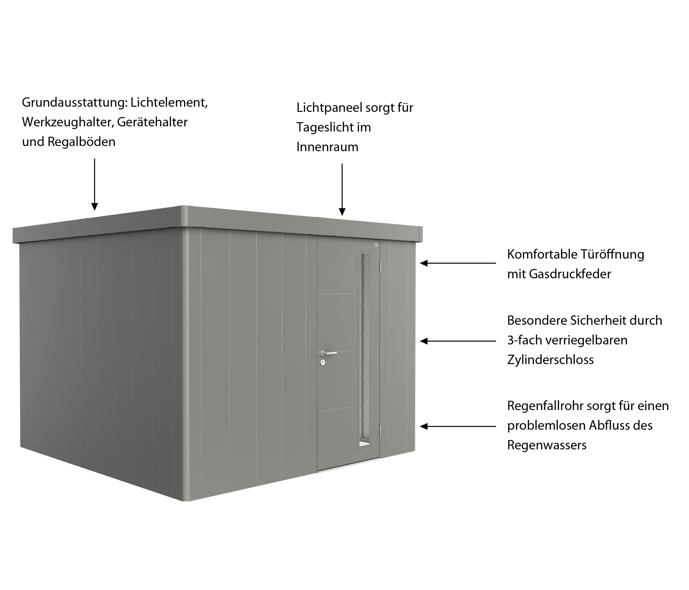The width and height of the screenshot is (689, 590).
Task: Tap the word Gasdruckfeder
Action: [x=570, y=274]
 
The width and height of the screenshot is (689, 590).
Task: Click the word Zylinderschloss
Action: [x=550, y=360]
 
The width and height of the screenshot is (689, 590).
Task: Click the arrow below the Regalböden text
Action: [x=95, y=184]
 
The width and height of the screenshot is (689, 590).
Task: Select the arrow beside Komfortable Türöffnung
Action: [x=458, y=263]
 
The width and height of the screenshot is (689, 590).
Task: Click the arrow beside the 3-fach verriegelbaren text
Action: [x=458, y=341]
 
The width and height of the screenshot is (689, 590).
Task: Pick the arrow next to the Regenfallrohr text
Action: [x=458, y=426]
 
